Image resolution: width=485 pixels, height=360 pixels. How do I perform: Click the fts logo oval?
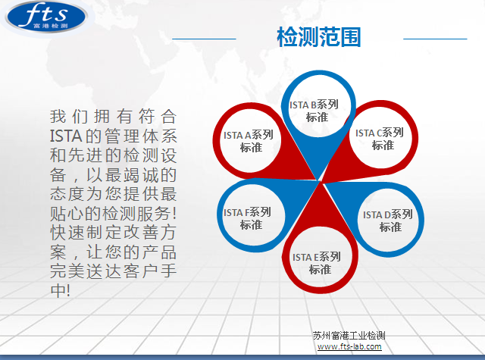[46, 17]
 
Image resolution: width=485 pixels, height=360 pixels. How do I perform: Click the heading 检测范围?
[319, 37]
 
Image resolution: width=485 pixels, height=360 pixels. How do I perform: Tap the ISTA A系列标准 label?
[249, 141]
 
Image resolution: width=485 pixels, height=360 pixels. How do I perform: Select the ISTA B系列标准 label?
[314, 111]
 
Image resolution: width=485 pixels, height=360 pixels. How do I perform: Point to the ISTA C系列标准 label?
[380, 139]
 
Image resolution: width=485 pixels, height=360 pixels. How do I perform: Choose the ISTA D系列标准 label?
[387, 221]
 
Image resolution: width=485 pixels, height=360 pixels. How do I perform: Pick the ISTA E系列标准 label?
[317, 263]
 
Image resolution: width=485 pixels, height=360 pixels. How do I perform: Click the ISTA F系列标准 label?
[247, 218]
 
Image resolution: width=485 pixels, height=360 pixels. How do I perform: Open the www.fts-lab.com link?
[349, 346]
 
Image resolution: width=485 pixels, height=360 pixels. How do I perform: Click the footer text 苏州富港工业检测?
[349, 336]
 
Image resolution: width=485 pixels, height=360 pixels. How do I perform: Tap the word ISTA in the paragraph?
[66, 136]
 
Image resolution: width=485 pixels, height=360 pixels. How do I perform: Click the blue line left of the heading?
[204, 39]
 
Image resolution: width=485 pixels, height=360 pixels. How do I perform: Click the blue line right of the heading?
[435, 39]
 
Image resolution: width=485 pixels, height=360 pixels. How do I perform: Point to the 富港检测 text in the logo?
[51, 26]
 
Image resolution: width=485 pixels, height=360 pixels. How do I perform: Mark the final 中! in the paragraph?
[61, 290]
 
